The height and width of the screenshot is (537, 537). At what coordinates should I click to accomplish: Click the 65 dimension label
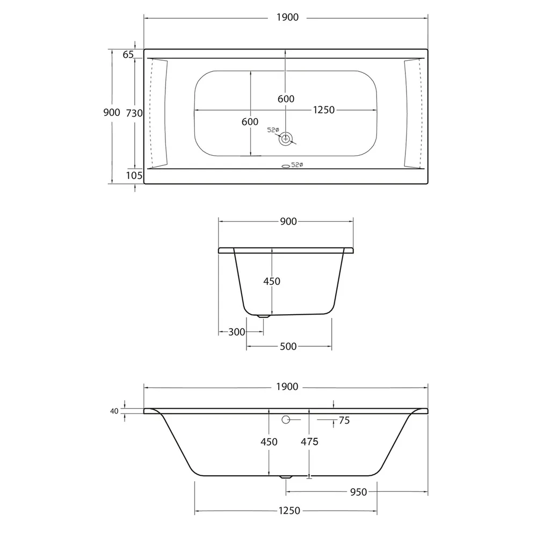tap(128, 54)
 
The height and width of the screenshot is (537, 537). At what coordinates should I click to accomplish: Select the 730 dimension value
tap(134, 113)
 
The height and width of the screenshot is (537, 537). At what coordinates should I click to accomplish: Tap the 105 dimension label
tap(134, 176)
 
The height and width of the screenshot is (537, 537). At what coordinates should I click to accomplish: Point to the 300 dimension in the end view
tap(237, 332)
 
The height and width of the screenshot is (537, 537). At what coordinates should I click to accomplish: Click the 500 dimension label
tap(288, 346)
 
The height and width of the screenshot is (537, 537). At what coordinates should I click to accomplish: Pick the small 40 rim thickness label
tap(114, 411)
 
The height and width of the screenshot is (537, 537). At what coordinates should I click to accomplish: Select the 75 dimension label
tap(344, 420)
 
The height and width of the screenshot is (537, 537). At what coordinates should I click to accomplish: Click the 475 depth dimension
tap(310, 442)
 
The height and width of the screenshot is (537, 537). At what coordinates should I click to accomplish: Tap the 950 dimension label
tap(359, 492)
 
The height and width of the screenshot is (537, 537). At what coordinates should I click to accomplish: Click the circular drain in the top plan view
tap(285, 139)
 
